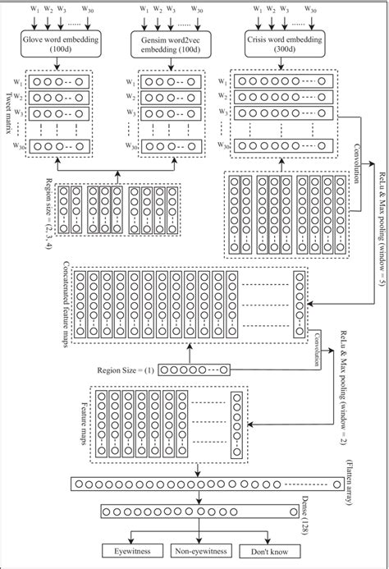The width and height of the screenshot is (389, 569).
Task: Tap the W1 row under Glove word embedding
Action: click(x=60, y=81)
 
